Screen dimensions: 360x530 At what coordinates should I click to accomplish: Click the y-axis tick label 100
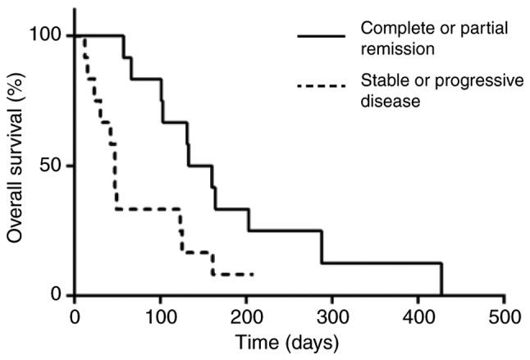pyautogui.click(x=48, y=35)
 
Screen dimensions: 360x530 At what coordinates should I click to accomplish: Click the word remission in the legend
pyautogui.click(x=397, y=48)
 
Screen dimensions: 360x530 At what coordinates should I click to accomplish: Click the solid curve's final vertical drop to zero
pyautogui.click(x=441, y=280)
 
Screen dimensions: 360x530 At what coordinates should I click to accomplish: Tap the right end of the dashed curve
pyautogui.click(x=253, y=274)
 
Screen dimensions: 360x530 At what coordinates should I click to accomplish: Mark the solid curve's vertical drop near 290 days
pyautogui.click(x=322, y=247)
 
